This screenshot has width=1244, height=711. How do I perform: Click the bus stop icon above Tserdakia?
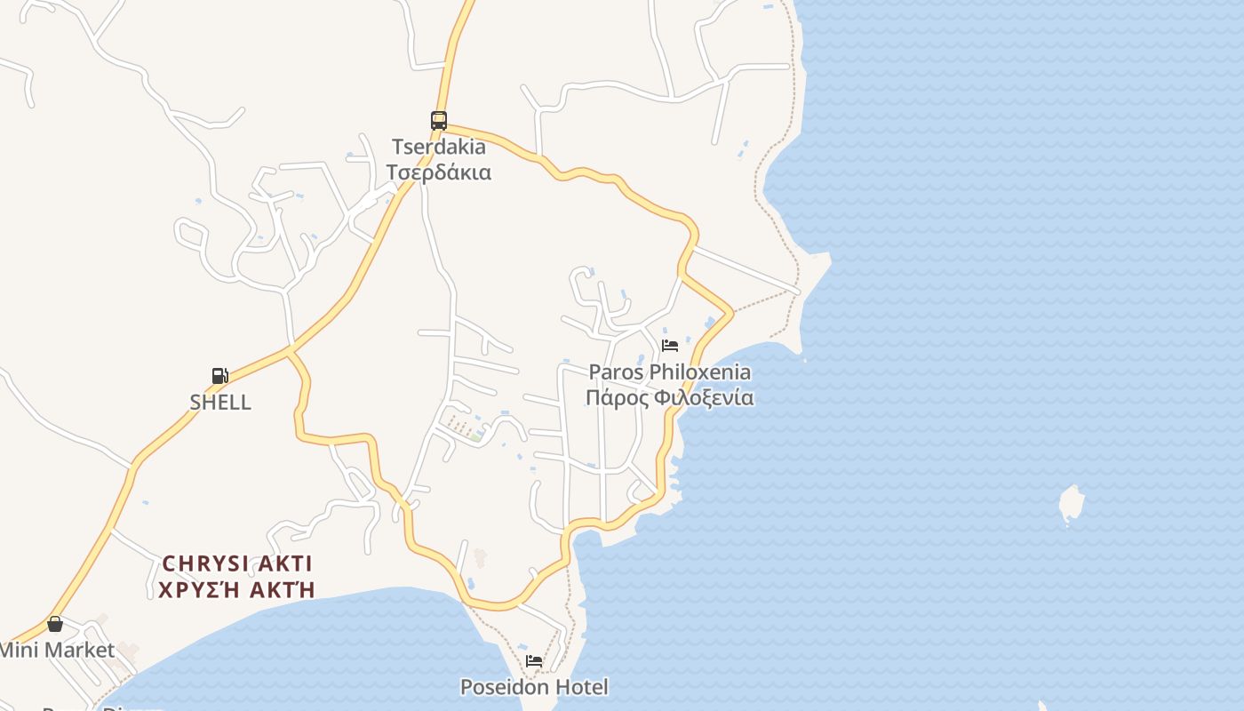pos(439,120)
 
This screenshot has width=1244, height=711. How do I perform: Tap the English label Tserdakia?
pos(439,147)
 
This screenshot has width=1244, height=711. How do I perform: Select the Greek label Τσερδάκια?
pos(439,172)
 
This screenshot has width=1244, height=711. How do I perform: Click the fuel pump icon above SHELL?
pos(220,375)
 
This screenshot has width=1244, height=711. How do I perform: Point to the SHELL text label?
pos(220,402)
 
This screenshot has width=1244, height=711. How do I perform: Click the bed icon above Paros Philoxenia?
pos(670,345)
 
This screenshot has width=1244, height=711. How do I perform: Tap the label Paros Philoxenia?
pos(670,371)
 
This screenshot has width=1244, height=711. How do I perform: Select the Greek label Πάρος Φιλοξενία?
pos(670,397)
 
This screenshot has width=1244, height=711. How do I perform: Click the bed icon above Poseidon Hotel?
pos(534,660)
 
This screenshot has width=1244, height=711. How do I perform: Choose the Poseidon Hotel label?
pos(534,687)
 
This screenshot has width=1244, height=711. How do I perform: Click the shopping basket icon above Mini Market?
pos(55,624)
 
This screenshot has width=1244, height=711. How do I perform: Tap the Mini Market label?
pos(56,650)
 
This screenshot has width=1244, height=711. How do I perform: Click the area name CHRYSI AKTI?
pos(237,563)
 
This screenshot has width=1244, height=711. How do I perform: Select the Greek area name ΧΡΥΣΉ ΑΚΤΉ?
pos(237,588)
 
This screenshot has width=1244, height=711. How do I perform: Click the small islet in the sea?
pos(1072,504)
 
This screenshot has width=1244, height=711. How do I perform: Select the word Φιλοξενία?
pos(704,397)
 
